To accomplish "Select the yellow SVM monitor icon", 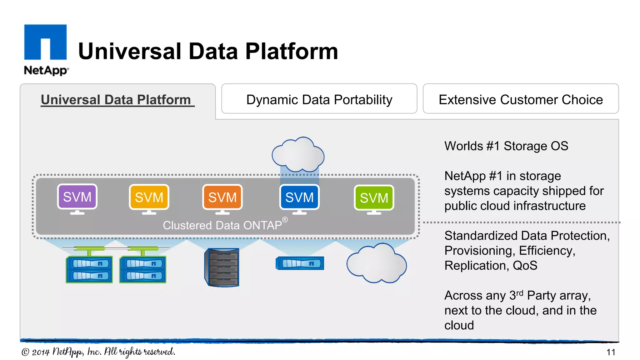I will point(149,197).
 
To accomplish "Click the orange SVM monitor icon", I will point(222,197).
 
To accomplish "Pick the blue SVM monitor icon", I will point(299,197).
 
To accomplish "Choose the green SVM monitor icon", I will point(374,198).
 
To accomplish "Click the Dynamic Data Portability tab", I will point(319,99).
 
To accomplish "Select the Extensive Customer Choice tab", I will point(521,99).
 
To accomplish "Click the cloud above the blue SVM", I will point(298,155).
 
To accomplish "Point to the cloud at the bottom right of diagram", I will point(376,263).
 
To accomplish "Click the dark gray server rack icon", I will point(222,267).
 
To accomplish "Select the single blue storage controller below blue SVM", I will point(300,263).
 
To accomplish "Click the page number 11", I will point(611,352).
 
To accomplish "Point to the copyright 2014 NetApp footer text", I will point(98,352).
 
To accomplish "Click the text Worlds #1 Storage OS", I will point(506,146).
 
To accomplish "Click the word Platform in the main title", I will point(291,52).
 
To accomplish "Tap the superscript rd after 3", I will point(520,293).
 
